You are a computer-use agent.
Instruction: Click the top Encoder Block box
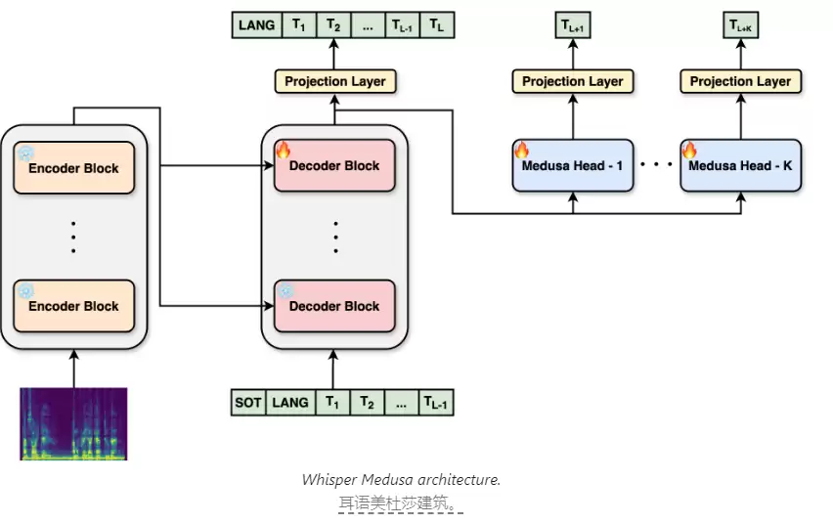pos(74,167)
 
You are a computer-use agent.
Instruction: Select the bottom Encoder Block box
pos(74,306)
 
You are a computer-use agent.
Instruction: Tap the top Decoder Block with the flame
pos(334,165)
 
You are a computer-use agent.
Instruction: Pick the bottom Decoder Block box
pos(334,306)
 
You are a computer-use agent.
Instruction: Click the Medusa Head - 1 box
pos(573,165)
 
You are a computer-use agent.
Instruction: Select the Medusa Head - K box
pos(740,165)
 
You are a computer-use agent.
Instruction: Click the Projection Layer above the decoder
pos(335,81)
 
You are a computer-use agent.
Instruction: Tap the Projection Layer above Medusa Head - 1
pos(573,81)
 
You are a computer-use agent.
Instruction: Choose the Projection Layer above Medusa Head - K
pos(740,81)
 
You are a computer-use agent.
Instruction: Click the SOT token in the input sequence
pos(248,403)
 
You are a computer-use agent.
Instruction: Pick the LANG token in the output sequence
pos(256,25)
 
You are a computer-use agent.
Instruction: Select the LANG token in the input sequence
pos(290,403)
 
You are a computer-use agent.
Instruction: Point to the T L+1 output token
pos(573,25)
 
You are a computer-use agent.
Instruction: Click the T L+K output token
pos(740,25)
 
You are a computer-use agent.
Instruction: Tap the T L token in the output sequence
pos(437,25)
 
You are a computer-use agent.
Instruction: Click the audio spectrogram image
pos(74,423)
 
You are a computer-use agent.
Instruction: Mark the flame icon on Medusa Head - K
pos(689,150)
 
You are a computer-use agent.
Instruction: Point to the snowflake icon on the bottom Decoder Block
pos(285,290)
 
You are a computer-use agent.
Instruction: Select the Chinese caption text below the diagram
pos(399,502)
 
